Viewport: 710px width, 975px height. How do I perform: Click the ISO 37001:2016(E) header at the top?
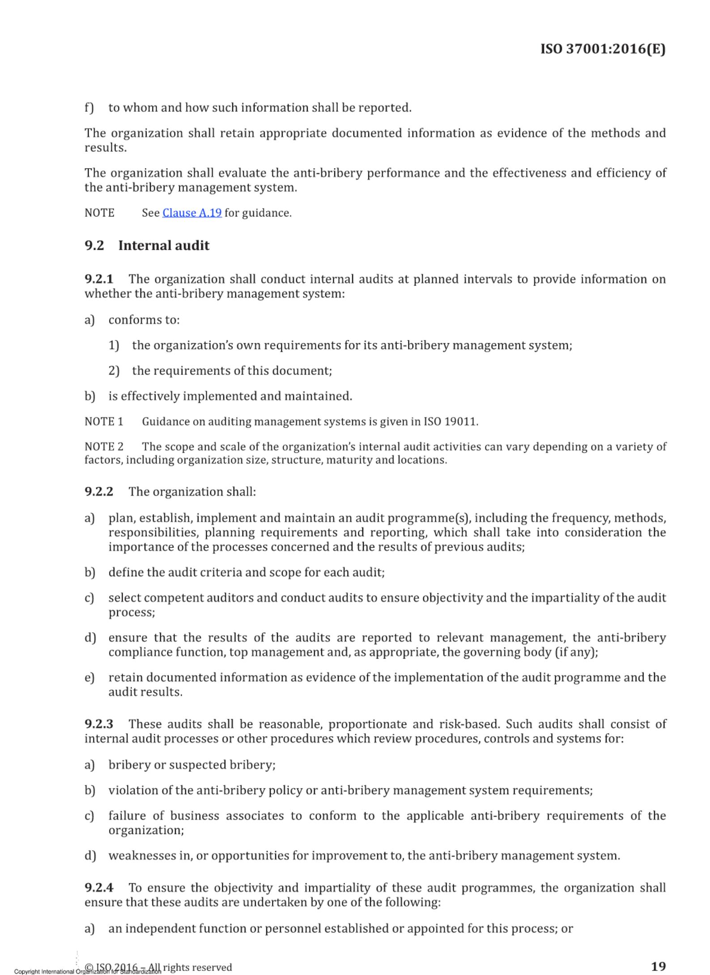pos(603,49)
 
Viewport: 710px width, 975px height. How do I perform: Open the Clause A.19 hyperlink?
pos(192,213)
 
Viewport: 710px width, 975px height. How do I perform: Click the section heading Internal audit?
pos(164,246)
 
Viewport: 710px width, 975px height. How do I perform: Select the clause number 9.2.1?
pos(99,279)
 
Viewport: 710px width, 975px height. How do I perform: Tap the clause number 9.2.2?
pos(99,492)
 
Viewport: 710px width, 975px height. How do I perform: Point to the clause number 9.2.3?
pos(99,724)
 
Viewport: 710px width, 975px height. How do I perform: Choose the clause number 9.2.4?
pos(99,888)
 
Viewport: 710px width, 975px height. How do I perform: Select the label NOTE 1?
pos(104,422)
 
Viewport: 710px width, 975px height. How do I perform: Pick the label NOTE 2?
pos(104,447)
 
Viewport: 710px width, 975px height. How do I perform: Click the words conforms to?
pos(144,320)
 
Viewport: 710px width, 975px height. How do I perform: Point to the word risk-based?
pos(469,724)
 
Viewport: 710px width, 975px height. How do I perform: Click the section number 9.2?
pos(94,246)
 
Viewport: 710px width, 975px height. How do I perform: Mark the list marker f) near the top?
pos(89,108)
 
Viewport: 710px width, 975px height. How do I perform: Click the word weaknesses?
pos(143,856)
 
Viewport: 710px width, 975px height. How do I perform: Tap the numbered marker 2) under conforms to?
pos(114,371)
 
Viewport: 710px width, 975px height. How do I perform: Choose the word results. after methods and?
pos(106,148)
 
